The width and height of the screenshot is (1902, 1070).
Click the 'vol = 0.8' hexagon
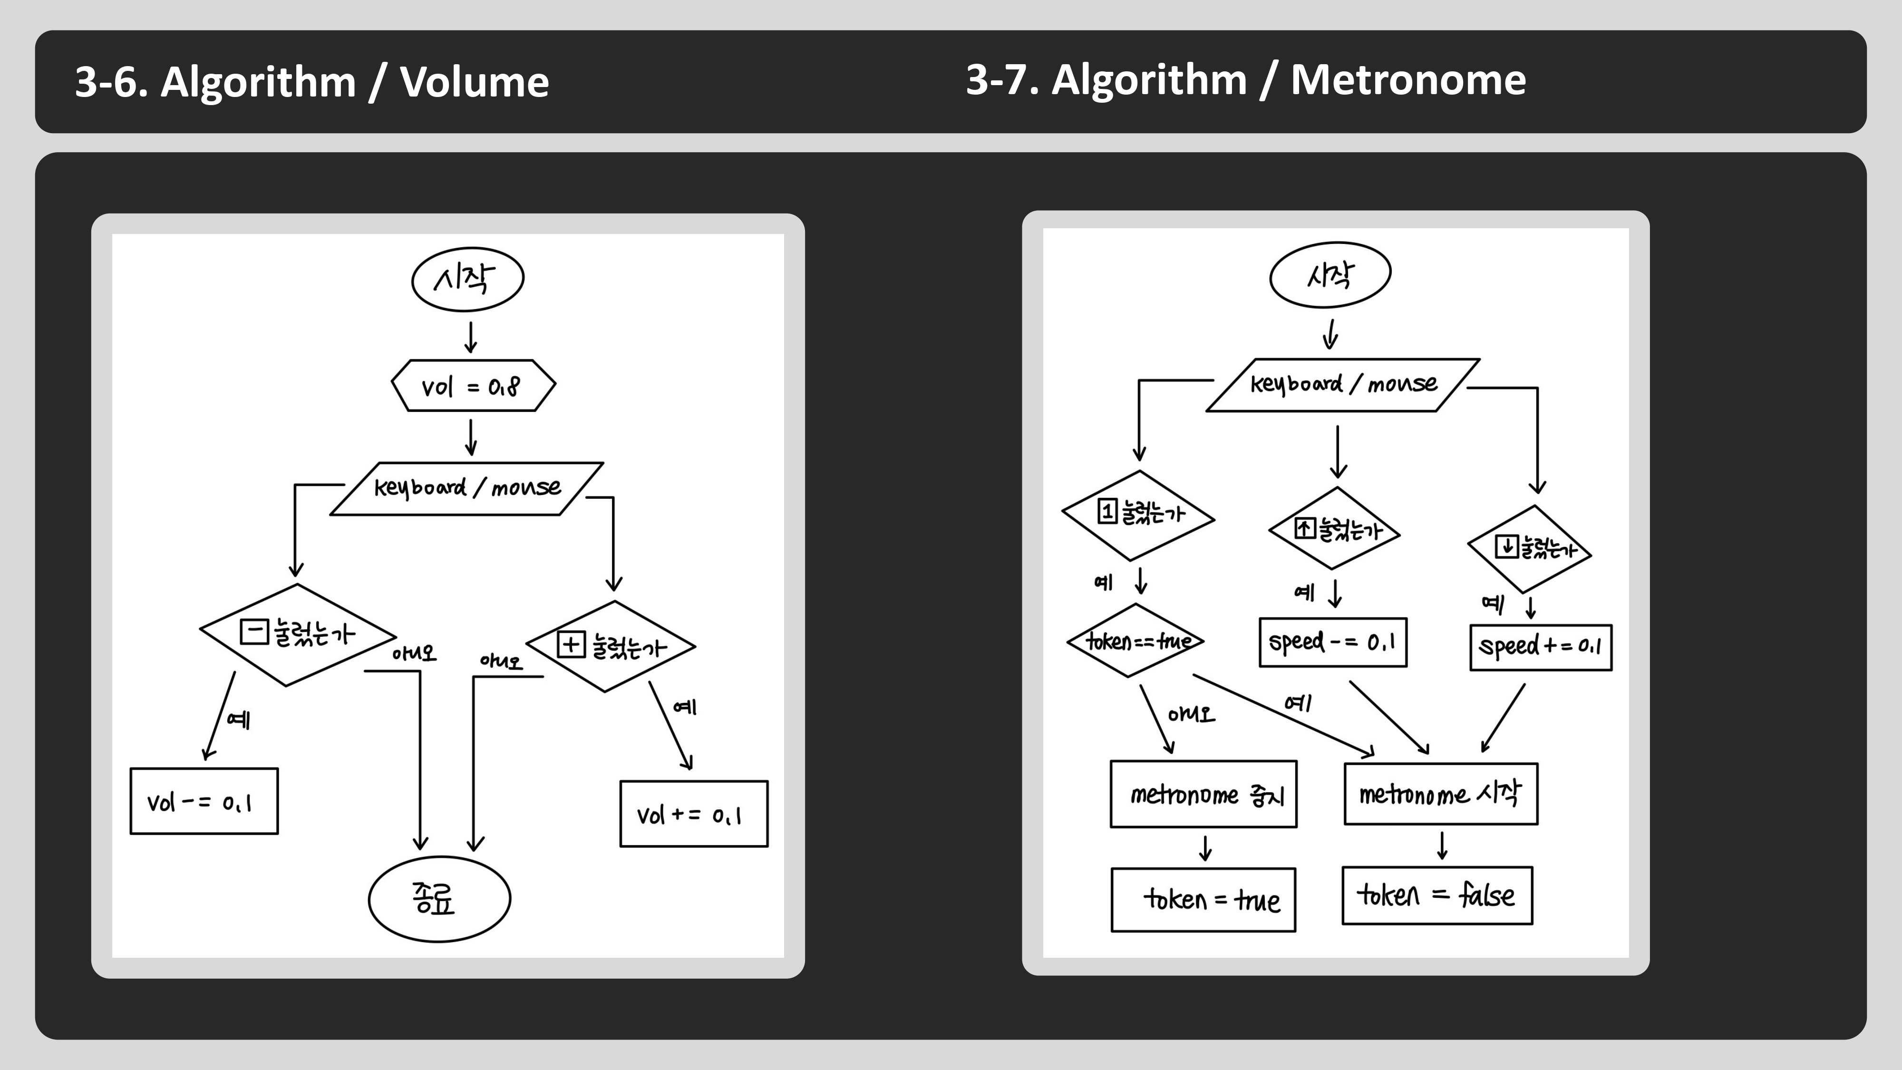(x=473, y=386)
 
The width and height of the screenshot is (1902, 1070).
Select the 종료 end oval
(x=439, y=899)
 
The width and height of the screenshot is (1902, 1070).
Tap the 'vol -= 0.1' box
(x=204, y=801)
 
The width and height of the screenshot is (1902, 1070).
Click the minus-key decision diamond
(x=298, y=634)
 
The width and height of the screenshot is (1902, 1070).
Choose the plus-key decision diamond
(x=611, y=646)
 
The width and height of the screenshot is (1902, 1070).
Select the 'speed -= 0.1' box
(x=1333, y=642)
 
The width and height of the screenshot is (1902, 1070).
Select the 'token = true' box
(x=1203, y=899)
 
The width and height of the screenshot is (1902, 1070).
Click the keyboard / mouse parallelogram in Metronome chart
(x=1342, y=385)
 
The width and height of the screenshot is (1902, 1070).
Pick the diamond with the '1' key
(x=1138, y=515)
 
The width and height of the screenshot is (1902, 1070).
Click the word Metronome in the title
(x=1407, y=80)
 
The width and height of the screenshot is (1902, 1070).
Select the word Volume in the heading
(x=474, y=82)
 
